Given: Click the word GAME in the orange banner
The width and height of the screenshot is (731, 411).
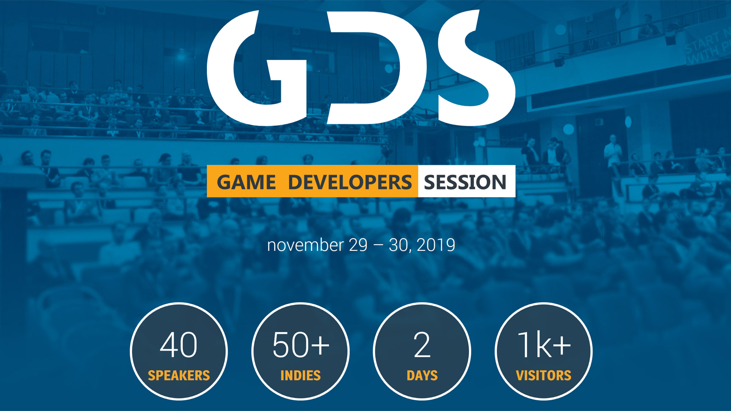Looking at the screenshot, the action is [x=246, y=182].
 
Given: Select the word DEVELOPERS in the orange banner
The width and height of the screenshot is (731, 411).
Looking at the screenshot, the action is [x=350, y=182].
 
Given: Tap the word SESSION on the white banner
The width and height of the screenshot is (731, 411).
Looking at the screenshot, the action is [x=465, y=182].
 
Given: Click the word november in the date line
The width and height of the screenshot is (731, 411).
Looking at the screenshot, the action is [x=305, y=245].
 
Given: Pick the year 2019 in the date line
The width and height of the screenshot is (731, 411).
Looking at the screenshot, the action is [x=436, y=245].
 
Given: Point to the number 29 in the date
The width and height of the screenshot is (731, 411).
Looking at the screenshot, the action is [x=358, y=245].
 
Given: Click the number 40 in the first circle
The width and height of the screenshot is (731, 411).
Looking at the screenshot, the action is [x=179, y=345].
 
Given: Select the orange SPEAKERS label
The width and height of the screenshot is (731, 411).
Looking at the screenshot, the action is [x=179, y=376].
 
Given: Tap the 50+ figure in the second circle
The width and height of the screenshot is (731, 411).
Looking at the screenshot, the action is [x=301, y=345].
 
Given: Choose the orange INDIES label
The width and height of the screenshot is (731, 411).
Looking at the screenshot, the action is [x=300, y=376].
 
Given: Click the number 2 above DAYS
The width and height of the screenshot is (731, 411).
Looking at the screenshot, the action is [x=422, y=345].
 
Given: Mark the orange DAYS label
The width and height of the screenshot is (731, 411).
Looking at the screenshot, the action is [x=422, y=376].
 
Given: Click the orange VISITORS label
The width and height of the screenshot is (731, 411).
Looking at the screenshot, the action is [x=544, y=376].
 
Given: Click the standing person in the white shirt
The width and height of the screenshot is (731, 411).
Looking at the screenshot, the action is [x=613, y=154].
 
